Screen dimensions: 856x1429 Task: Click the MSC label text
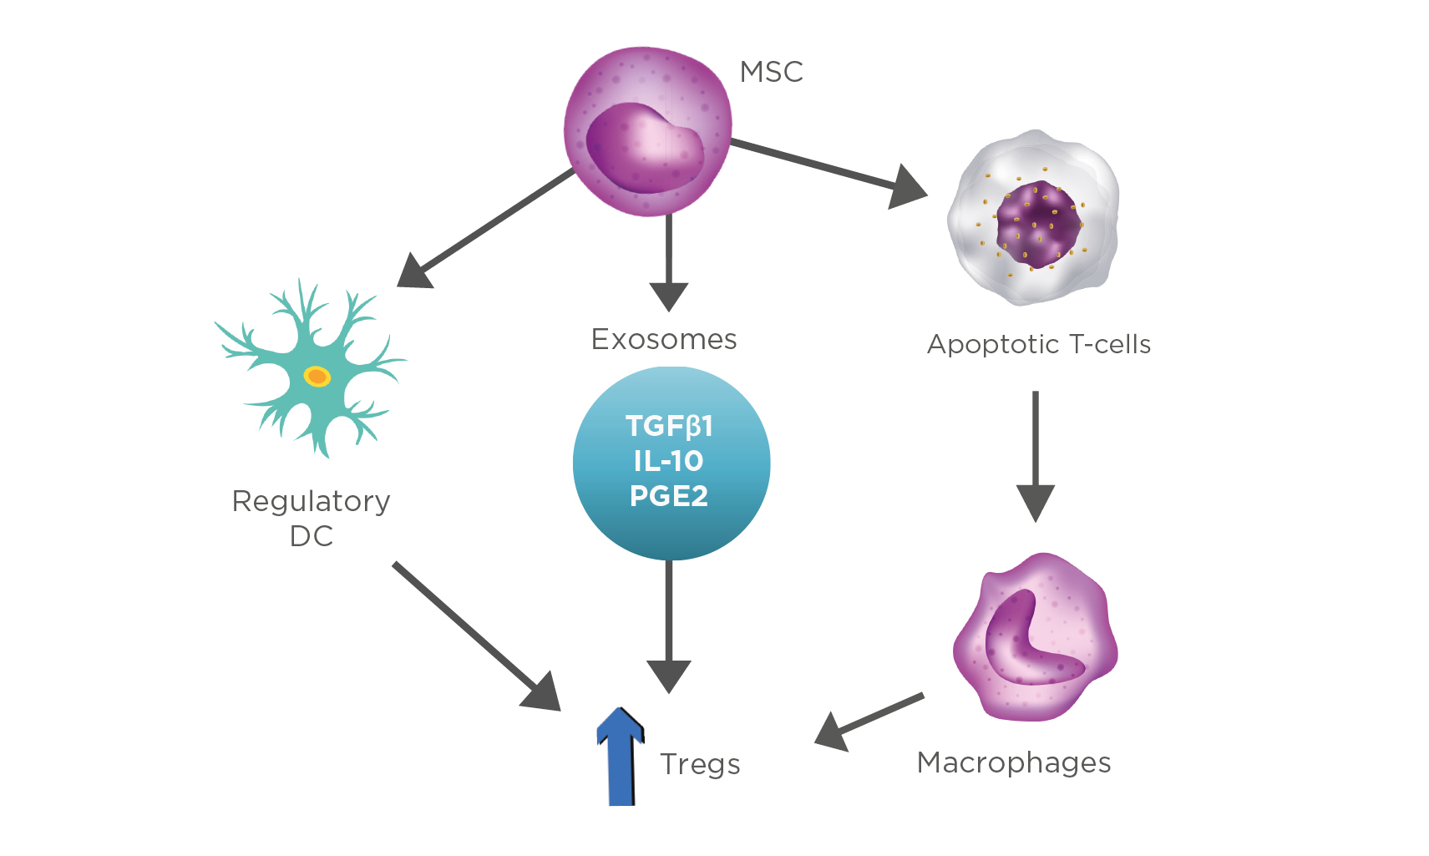coord(771,72)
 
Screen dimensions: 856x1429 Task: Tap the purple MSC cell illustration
coord(647,132)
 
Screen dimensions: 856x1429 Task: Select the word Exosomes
coord(664,339)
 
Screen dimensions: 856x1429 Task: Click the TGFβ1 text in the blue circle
coord(669,426)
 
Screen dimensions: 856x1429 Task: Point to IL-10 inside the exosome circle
coord(668,461)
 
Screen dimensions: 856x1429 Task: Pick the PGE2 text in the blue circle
coord(669,496)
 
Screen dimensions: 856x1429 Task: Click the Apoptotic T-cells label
coord(1039,344)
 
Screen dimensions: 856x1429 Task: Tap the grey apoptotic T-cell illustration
coord(1034,219)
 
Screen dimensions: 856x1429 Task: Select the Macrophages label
coord(1014,762)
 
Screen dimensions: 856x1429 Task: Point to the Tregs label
coord(700,764)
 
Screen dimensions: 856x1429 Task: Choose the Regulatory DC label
coord(312,518)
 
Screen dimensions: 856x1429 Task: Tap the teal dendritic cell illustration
coord(312,372)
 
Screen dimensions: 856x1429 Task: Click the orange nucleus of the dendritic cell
coord(317,377)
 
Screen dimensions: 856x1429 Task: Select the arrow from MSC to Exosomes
coord(669,259)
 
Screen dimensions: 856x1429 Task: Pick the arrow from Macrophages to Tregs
coord(869,719)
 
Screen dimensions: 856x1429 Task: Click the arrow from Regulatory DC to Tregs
coord(476,636)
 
